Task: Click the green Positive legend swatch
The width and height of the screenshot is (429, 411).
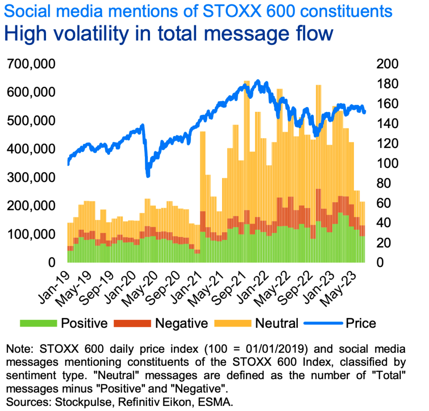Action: pyautogui.click(x=38, y=323)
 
